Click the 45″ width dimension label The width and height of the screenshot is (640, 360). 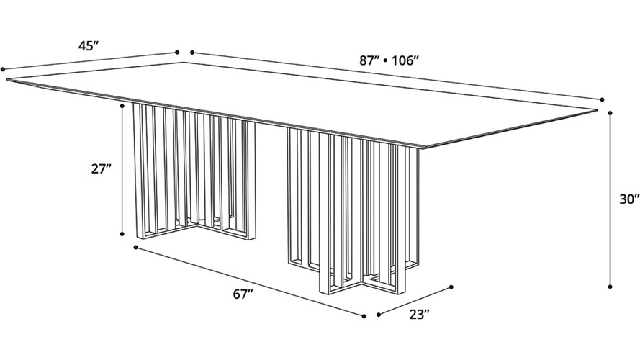pos(89,46)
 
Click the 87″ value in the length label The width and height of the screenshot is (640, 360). pos(370,60)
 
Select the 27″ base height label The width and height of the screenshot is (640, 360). pos(102,168)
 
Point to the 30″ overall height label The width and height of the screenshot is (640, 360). pos(629,199)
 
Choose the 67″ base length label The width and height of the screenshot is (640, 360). pos(243,294)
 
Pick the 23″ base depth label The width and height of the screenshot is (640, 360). pos(420,315)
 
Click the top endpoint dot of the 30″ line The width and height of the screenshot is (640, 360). pos(610,112)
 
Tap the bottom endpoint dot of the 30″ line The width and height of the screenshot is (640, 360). pos(610,287)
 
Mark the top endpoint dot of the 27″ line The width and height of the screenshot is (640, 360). pos(122,106)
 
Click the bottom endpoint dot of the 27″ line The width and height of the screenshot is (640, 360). pos(122,234)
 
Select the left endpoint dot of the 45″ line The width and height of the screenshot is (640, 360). pos(2,69)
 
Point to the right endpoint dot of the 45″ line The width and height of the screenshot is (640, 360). pos(176,53)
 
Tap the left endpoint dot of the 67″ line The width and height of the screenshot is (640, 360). pos(135,247)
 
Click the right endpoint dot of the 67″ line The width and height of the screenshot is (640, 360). pos(364,315)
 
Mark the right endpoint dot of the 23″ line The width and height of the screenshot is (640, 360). pos(451,287)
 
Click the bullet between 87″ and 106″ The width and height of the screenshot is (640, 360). pos(386,61)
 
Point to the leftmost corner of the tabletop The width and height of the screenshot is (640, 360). pos(6,80)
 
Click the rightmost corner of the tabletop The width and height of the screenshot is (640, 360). pos(598,109)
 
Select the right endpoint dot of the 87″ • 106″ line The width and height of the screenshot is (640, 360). pos(602,99)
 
